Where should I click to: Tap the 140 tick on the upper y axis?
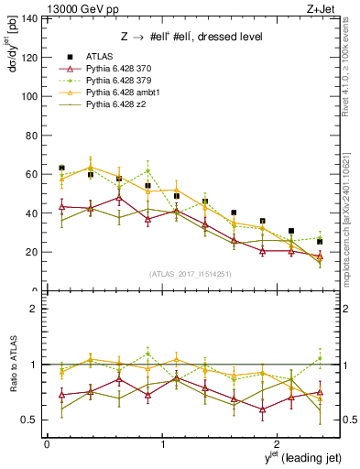click(x=29, y=18)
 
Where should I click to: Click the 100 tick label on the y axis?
click(x=29, y=96)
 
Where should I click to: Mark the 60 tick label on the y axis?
click(x=32, y=174)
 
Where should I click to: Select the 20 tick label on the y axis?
click(x=32, y=252)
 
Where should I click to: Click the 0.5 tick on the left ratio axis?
click(x=29, y=420)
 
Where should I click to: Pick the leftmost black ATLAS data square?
click(x=61, y=168)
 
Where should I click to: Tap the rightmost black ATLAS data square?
click(x=320, y=242)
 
